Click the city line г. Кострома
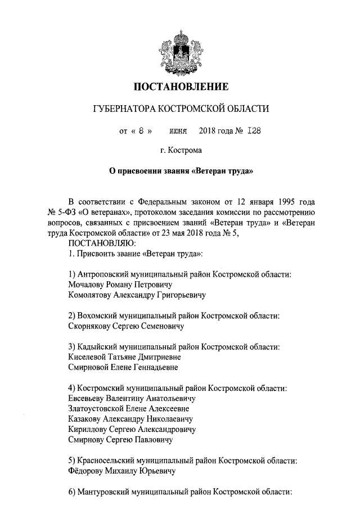[181, 150]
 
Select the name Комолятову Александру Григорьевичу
[136, 294]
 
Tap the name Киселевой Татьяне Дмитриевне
[124, 357]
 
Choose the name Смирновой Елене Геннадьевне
[123, 367]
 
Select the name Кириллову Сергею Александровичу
[131, 429]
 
